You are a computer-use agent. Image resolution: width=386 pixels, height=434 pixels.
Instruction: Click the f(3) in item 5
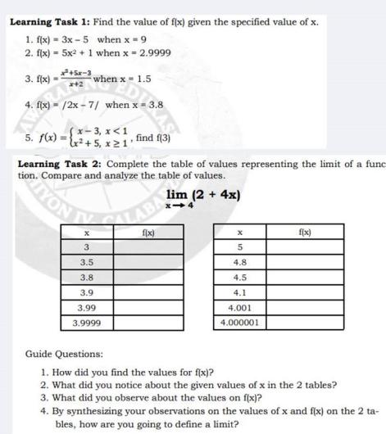[161, 138]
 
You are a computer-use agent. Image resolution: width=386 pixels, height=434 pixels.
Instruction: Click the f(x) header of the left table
[148, 233]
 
